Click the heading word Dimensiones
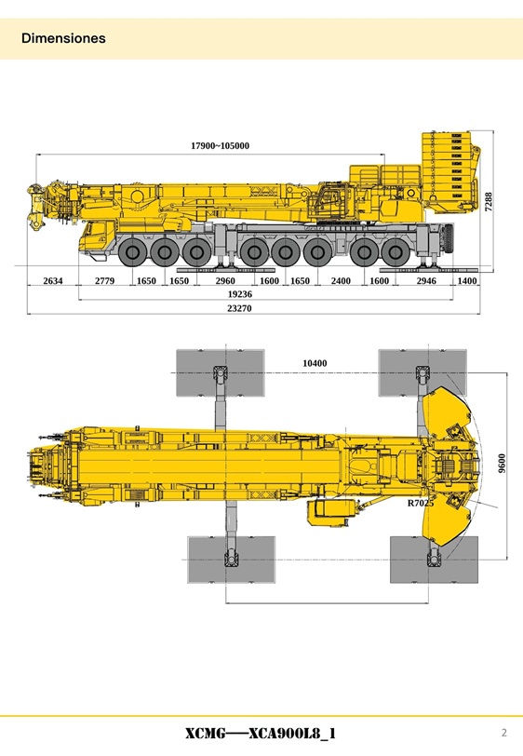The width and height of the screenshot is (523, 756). pos(63,39)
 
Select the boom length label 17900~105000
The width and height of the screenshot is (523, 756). pos(220,146)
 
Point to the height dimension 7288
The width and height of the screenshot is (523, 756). pos(489,202)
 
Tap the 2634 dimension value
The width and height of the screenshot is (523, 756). pos(53,280)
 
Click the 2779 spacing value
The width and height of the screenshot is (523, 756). pos(104,280)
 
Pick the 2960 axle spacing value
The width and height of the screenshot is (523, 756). pos(225,280)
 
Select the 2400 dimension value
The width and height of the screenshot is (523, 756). pos(341,280)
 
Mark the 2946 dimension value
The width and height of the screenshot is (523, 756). pos(426,280)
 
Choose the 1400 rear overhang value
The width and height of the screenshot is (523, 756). pos(467,280)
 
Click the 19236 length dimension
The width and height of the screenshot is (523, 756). pos(240,293)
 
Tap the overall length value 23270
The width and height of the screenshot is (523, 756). pos(239,307)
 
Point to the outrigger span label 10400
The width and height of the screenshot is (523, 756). pos(315,363)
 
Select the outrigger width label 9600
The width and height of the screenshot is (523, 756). pos(502,463)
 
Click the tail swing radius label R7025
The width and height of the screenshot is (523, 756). pos(421,503)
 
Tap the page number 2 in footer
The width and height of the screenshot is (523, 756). pos(503,731)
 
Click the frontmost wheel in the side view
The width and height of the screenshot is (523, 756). pos(135,251)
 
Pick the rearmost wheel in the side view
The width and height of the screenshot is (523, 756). pos(398,251)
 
